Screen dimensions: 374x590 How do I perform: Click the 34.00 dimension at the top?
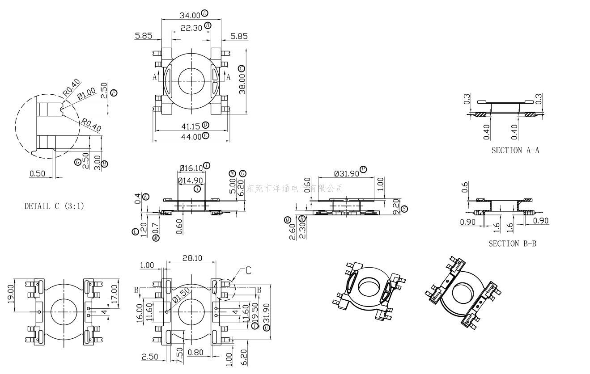point(190,16)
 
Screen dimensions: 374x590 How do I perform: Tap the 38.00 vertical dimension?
point(241,83)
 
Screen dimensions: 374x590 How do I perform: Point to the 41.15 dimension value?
point(191,126)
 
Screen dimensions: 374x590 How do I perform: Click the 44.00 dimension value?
point(191,137)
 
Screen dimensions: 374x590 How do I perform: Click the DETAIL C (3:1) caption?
point(54,206)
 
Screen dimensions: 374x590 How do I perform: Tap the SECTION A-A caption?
point(515,150)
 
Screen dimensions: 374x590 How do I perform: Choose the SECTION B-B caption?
point(512,244)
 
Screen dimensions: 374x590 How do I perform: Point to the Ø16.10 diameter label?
point(191,168)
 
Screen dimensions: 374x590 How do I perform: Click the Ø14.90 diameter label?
point(190,181)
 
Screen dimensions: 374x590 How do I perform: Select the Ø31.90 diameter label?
point(347,173)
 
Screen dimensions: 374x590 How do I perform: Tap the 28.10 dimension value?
point(192,258)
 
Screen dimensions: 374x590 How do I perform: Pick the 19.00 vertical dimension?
point(11,294)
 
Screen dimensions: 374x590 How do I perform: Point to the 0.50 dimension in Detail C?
point(37,173)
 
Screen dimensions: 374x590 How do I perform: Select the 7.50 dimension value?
point(179,356)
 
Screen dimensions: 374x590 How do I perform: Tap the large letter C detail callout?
point(248,270)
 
